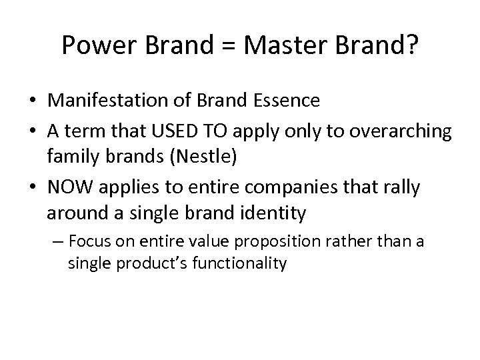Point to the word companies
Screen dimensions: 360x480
(x=294, y=188)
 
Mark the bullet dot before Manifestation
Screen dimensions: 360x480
(x=32, y=101)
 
